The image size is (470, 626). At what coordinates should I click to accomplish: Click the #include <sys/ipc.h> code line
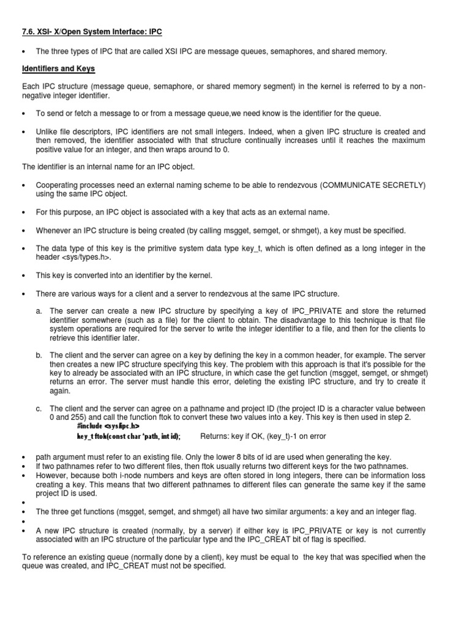108,425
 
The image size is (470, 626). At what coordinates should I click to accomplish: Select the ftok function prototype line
129,436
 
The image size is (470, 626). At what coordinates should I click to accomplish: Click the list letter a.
39,312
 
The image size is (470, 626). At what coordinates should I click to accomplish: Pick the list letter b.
39,355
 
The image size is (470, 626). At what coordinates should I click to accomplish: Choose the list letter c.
39,408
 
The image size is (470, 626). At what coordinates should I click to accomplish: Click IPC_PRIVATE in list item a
278,312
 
